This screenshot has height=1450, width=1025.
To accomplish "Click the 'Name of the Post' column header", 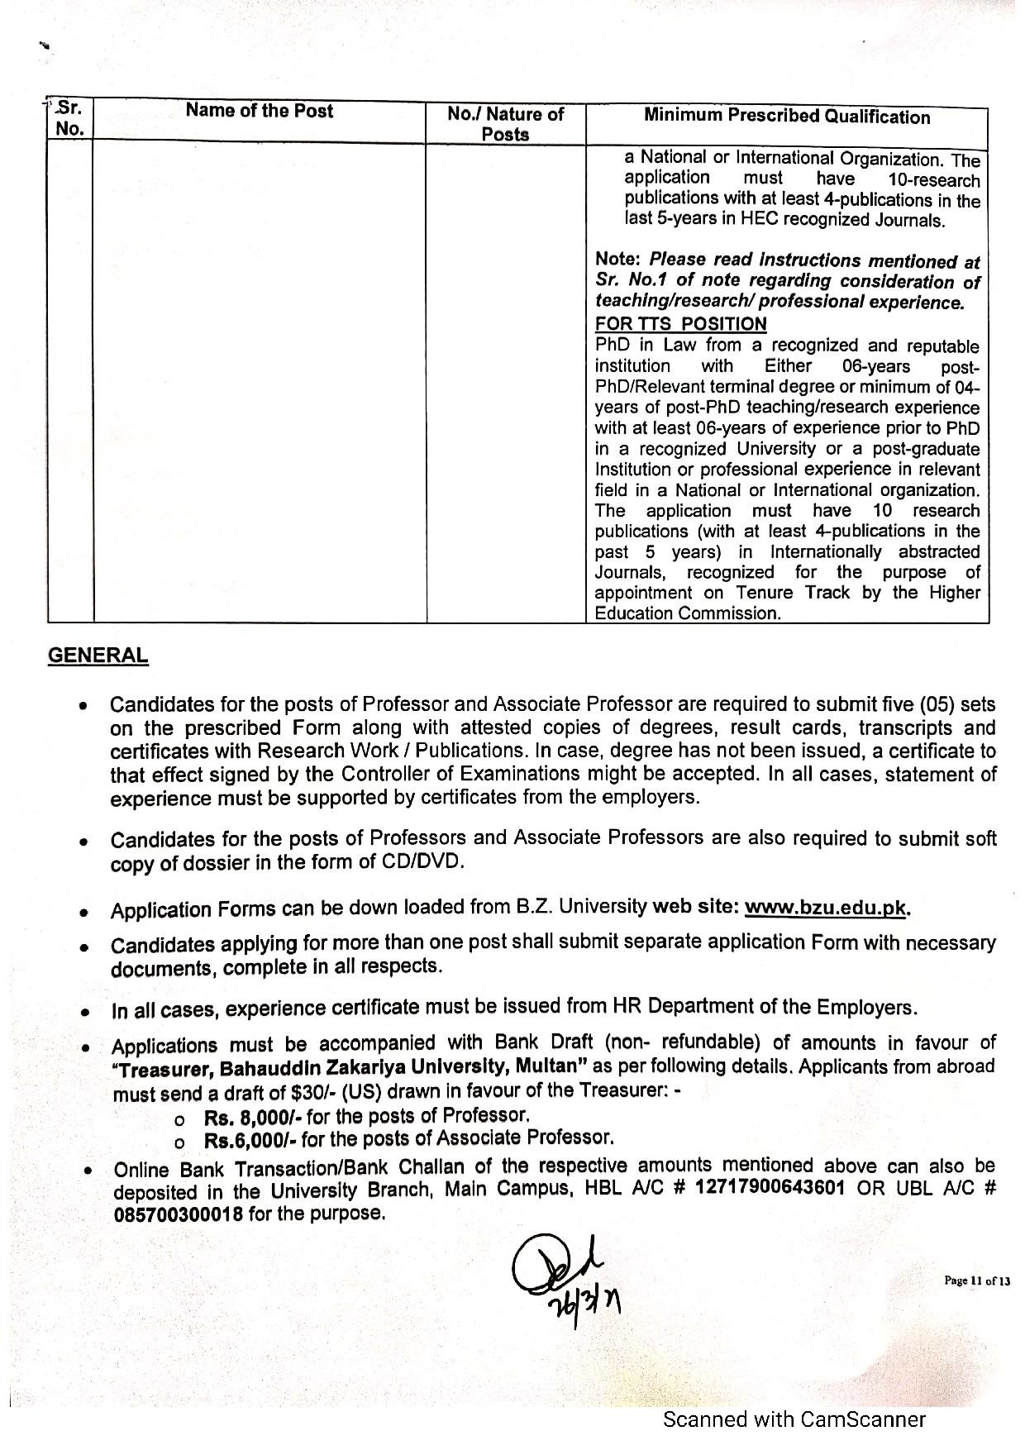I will coord(259,111).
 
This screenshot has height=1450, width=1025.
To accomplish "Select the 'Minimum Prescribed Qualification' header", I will coord(786,117).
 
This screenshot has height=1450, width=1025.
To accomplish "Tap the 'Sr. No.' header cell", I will coord(70,118).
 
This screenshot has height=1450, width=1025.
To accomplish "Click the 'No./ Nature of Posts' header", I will coord(505,124).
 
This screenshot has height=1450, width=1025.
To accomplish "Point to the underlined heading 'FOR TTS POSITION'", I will coord(680,324).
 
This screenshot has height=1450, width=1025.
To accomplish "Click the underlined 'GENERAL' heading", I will coord(98,656).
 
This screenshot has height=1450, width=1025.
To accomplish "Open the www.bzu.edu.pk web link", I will coord(826,907).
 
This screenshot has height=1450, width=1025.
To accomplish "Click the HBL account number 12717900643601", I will coord(770,1188).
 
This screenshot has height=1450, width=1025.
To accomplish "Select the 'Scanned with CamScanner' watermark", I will coord(794,1420).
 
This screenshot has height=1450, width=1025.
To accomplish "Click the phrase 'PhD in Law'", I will coord(646,346).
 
